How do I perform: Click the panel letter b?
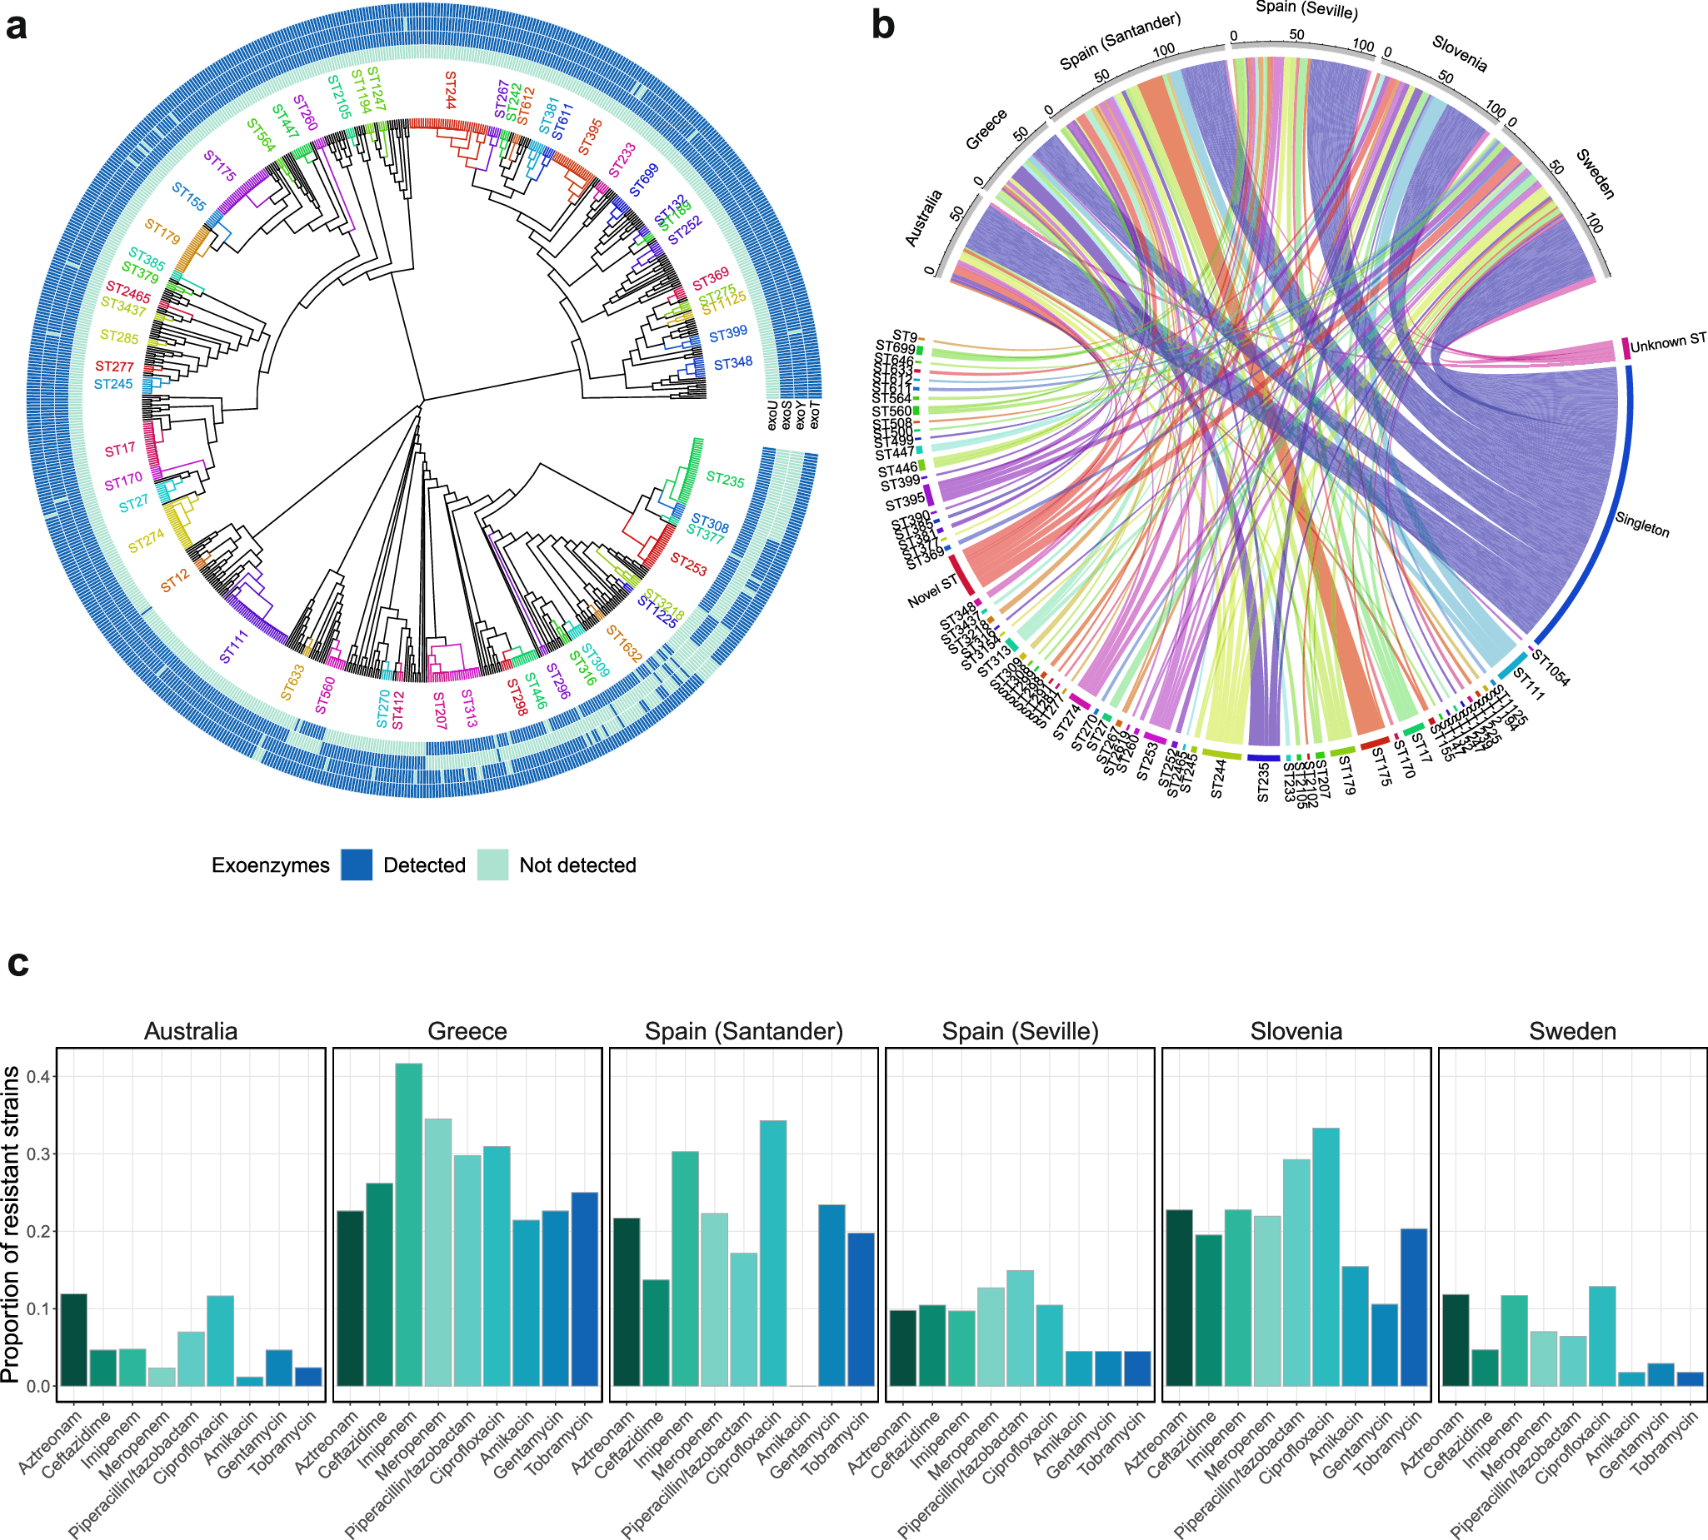(882, 25)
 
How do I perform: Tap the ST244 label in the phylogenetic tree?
(449, 90)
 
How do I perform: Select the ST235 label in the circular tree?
(725, 480)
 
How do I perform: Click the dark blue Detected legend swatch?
(357, 865)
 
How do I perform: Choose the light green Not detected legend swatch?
(492, 865)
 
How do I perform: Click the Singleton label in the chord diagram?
(1641, 525)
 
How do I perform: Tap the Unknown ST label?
(1667, 342)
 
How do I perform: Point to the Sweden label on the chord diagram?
(1595, 173)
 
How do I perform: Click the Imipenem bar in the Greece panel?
(409, 1224)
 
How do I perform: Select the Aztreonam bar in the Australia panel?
(73, 1340)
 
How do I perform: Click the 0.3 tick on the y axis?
(37, 1154)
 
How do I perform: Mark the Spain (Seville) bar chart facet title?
(1020, 1030)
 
